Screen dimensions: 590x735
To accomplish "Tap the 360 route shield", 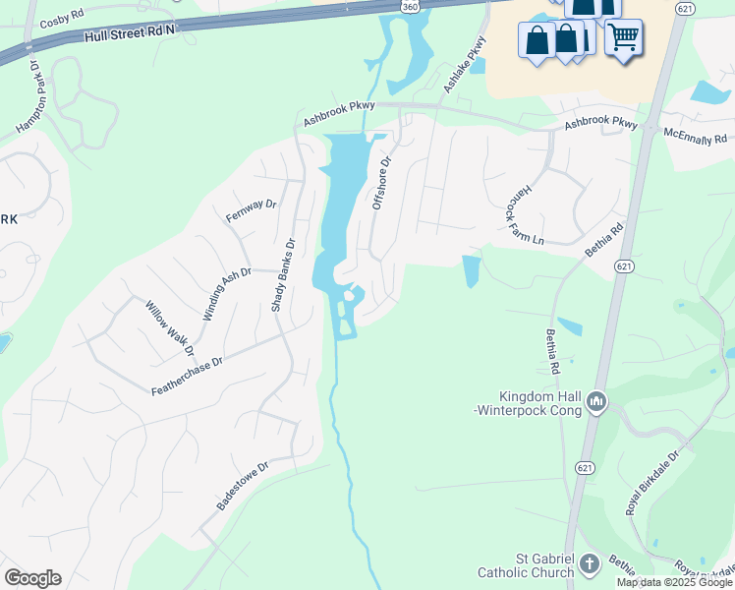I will (x=411, y=6).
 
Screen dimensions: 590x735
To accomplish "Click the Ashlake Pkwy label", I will (x=464, y=65).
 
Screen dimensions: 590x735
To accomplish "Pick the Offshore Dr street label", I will (x=381, y=183).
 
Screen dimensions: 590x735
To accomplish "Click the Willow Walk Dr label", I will (x=170, y=328).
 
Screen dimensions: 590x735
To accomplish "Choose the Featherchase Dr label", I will (x=188, y=376).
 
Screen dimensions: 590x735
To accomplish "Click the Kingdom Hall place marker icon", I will (x=596, y=402).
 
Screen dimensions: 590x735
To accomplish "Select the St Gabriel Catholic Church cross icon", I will (x=589, y=563).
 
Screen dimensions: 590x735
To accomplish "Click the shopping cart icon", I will (x=623, y=39).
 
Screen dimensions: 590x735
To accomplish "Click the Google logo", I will (x=32, y=578).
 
